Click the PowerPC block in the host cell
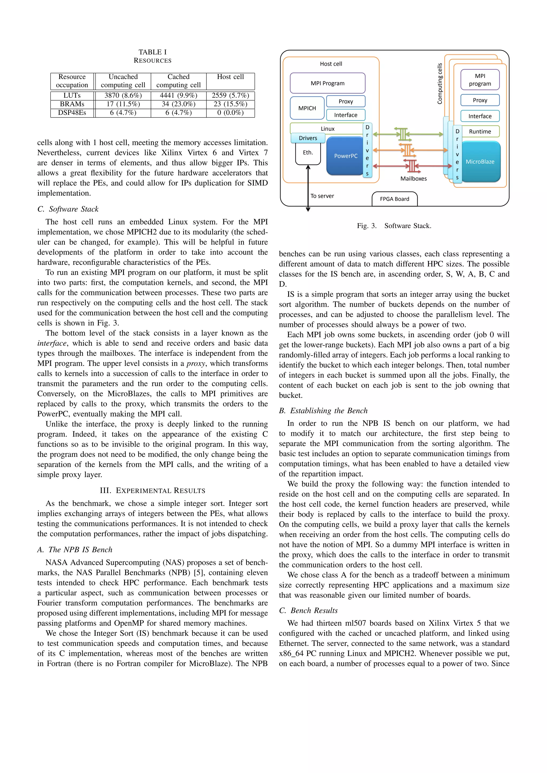coord(345,156)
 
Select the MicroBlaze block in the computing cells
coord(480,161)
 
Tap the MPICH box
coord(307,108)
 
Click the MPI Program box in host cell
coord(327,83)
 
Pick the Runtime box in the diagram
coord(480,132)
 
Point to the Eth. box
coord(308,152)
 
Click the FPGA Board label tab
coord(394,199)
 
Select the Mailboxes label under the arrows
coord(413,179)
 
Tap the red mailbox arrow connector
coord(412,166)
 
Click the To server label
coord(322,196)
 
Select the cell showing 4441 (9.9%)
coord(178,96)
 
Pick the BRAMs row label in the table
coord(72,104)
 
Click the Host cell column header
coord(230,77)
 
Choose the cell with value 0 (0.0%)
coord(230,113)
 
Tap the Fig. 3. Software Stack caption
coord(394,226)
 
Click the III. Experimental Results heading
coord(153,491)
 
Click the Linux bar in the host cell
coord(327,129)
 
